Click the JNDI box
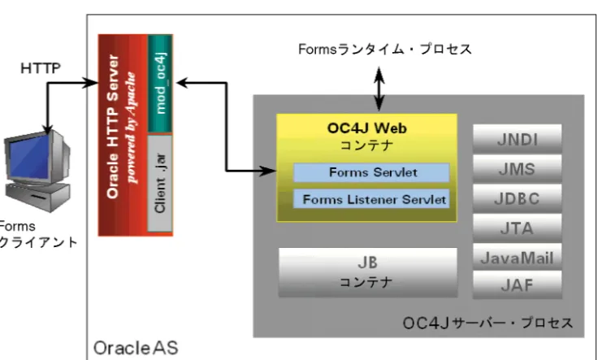[517, 139]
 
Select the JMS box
[517, 169]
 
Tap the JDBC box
[517, 198]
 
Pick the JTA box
[517, 228]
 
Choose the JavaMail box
[517, 258]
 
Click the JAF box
[517, 285]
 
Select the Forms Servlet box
[371, 172]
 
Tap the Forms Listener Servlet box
[371, 199]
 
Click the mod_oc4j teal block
[160, 84]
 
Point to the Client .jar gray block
[160, 184]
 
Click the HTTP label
[41, 68]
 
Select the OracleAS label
[136, 348]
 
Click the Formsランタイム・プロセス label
[385, 50]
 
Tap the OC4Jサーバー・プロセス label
[487, 323]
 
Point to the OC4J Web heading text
[367, 128]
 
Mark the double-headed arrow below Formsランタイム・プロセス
[379, 89]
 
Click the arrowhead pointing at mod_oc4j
[182, 82]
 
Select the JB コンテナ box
[368, 272]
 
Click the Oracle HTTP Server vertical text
[113, 126]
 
